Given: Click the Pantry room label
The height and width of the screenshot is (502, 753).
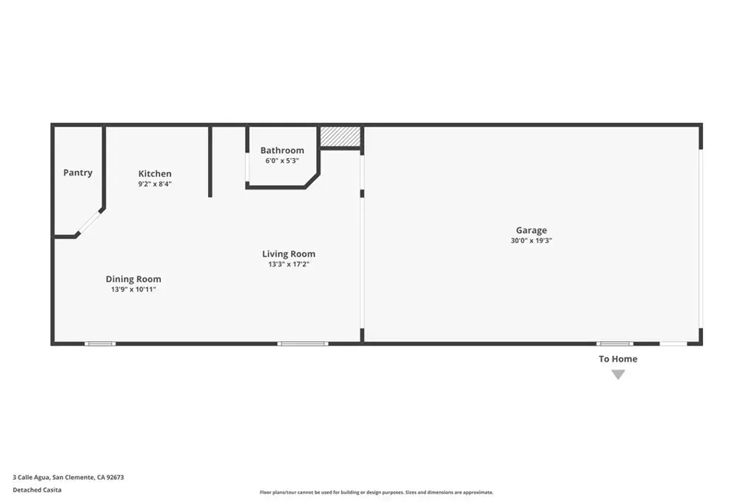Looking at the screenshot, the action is (78, 173).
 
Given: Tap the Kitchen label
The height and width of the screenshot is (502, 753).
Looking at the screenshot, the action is (154, 173).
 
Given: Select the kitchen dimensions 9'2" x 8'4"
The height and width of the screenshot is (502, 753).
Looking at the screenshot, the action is (154, 184).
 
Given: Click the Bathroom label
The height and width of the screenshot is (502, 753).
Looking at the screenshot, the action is (282, 150).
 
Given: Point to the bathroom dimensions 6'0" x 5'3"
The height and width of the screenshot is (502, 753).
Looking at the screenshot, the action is (282, 161).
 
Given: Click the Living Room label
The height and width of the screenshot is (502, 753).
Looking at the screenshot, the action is (288, 254).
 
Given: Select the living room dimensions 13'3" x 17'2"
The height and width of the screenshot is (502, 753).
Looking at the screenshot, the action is (288, 264).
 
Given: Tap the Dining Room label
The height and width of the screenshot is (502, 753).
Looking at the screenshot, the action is (134, 279).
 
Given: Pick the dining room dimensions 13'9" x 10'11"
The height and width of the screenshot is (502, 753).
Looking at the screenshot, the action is (134, 290).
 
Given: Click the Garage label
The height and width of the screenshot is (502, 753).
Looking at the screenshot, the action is (531, 230).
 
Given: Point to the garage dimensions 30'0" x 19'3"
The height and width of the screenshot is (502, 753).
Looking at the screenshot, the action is (531, 240).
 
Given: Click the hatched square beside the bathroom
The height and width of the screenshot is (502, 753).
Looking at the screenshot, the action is (340, 137).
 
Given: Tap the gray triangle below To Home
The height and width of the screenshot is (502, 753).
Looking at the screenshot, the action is (618, 374).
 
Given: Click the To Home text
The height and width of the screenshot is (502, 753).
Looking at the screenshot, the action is (618, 359).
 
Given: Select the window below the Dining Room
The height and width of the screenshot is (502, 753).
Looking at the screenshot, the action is (100, 344).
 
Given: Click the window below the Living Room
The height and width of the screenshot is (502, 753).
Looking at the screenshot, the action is (302, 344).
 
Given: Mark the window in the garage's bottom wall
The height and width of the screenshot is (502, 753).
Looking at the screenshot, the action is (615, 344).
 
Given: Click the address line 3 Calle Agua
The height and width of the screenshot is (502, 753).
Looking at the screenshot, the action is (68, 477).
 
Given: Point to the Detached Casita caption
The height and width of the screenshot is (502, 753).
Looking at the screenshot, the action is (37, 490).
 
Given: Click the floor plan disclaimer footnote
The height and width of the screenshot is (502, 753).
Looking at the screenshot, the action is (376, 492).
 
